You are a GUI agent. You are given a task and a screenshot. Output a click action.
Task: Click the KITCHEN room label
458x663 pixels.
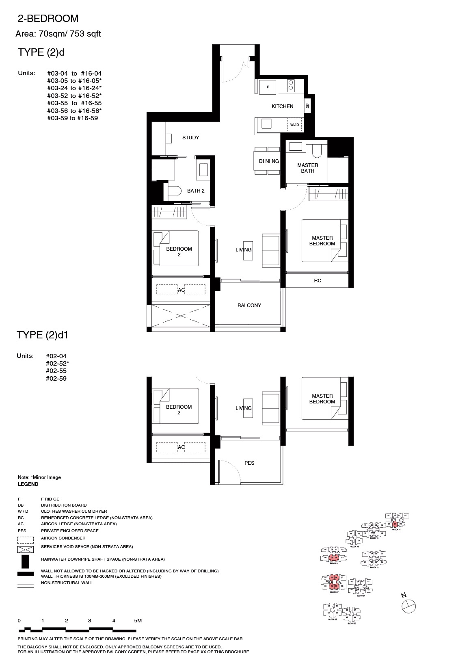coord(282,106)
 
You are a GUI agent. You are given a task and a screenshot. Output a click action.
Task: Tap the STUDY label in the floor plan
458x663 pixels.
coord(190,138)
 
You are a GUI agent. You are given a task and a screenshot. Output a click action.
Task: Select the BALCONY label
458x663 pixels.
coord(249,305)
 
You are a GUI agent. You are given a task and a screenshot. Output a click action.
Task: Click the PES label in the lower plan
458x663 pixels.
coord(249,463)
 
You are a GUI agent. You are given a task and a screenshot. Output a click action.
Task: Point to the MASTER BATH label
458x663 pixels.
coord(307,168)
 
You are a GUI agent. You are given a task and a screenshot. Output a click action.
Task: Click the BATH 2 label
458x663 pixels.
coord(196,191)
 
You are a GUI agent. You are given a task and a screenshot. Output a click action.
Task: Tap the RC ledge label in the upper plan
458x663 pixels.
coord(318,281)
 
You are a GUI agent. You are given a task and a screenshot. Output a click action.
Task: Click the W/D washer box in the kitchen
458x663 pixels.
coord(295,124)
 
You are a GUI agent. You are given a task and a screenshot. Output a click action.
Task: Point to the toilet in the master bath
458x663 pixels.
coord(317,151)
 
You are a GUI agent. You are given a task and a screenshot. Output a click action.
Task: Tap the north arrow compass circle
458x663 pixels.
coord(408,606)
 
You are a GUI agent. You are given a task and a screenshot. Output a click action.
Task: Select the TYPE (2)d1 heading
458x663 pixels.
coord(45,335)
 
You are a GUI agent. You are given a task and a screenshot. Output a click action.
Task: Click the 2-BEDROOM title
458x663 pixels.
coord(48,19)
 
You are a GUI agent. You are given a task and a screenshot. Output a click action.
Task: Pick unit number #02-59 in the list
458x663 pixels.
coord(56,379)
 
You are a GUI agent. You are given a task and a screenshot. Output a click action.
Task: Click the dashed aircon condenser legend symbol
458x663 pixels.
coord(25,540)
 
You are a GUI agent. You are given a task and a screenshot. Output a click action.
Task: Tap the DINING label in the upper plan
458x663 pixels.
coord(269,161)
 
